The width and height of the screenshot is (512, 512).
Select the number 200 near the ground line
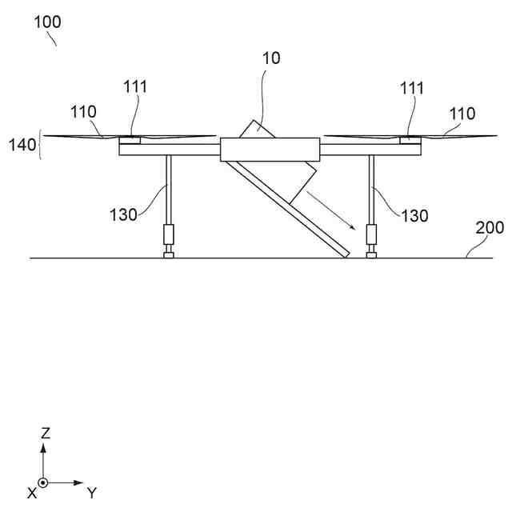(x=490, y=227)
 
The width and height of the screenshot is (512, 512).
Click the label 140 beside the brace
(x=22, y=145)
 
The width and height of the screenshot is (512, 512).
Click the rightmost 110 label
(x=462, y=114)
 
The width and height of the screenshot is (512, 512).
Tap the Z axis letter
(x=46, y=433)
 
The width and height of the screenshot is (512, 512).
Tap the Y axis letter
(x=92, y=491)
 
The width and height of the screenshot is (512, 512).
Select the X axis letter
(x=32, y=493)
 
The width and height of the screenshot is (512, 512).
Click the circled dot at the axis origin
(x=44, y=483)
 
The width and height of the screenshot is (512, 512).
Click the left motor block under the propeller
(x=130, y=141)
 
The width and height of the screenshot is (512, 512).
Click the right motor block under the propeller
(x=410, y=141)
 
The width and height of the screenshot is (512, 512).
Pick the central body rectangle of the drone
(x=270, y=149)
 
